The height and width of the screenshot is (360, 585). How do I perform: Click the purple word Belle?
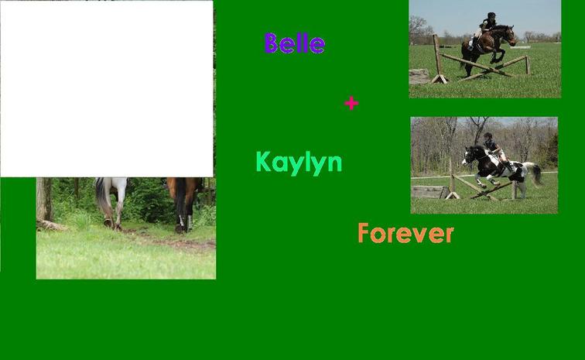click(294, 43)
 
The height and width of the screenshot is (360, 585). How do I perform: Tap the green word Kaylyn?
click(299, 163)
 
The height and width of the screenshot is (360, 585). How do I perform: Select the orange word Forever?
click(405, 233)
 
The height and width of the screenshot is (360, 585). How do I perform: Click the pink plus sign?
click(351, 103)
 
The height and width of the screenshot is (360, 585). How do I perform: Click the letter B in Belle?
click(272, 43)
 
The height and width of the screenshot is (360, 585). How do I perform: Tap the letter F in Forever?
click(364, 233)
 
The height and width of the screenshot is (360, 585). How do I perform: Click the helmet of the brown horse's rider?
click(491, 15)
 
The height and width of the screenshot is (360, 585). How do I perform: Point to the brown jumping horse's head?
click(509, 34)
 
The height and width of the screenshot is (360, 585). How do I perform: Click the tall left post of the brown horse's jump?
click(438, 59)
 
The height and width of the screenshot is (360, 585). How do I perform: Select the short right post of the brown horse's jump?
click(528, 64)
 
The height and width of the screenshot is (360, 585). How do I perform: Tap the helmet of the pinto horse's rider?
click(487, 135)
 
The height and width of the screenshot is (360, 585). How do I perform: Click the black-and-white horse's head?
click(468, 155)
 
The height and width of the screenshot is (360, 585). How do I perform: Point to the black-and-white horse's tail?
click(535, 173)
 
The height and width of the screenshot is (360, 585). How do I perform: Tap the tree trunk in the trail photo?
click(44, 200)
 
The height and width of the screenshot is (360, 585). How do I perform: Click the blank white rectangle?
click(107, 89)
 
